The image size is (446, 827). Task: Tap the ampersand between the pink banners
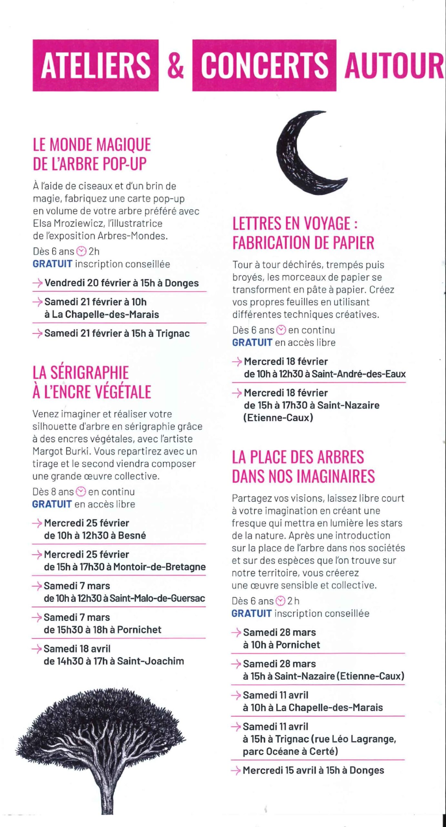point(176,66)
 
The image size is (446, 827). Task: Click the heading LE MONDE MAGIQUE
point(92,144)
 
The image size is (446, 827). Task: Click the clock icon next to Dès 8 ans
point(81,492)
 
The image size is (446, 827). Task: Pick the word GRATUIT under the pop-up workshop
point(52,264)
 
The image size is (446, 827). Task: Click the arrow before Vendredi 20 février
point(37,283)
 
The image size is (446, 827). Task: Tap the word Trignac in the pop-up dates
point(173,333)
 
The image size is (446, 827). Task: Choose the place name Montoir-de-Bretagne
point(159,567)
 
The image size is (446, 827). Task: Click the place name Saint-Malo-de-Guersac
point(157,598)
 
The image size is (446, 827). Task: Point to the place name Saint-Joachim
point(150,661)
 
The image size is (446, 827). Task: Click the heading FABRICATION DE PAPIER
point(303,243)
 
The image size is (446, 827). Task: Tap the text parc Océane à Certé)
point(290,751)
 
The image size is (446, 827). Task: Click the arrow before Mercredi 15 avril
point(236,770)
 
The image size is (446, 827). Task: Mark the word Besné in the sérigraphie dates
point(132,535)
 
